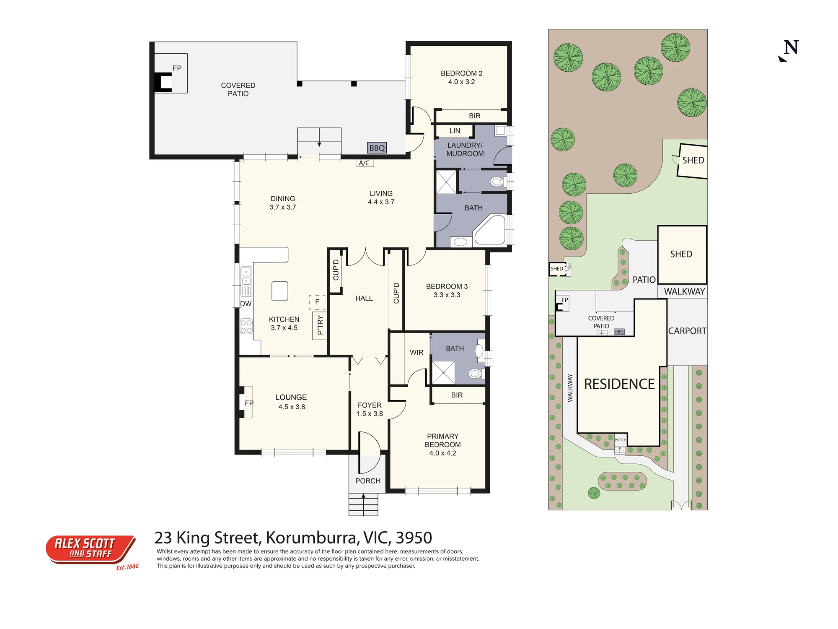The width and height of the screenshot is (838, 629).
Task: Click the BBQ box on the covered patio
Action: tap(377, 148)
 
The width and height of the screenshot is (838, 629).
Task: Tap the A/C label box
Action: tap(365, 163)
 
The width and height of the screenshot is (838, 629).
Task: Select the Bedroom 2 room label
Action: tap(461, 78)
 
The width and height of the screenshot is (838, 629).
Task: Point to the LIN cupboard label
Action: tap(455, 131)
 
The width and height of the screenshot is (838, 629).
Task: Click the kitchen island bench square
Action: tap(280, 291)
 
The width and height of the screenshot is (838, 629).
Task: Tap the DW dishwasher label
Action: tap(246, 304)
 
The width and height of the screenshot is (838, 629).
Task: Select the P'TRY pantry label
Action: tap(320, 325)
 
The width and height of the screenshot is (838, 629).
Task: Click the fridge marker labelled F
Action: tap(317, 302)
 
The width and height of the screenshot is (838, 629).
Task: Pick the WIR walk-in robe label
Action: tap(416, 353)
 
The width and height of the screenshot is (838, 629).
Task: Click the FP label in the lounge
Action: tap(249, 403)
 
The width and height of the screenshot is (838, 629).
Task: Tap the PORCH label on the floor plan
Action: tap(368, 481)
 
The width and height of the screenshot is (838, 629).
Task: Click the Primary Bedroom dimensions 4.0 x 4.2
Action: tap(442, 453)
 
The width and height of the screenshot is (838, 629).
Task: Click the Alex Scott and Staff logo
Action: tap(91, 550)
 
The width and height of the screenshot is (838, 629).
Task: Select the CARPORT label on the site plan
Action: tap(687, 331)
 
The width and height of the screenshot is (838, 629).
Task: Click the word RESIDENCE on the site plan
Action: tap(619, 384)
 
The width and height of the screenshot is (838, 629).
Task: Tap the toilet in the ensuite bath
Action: tap(475, 373)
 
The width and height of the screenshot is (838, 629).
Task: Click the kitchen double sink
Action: tap(246, 276)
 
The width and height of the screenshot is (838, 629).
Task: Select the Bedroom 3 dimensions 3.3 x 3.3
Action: tap(447, 295)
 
